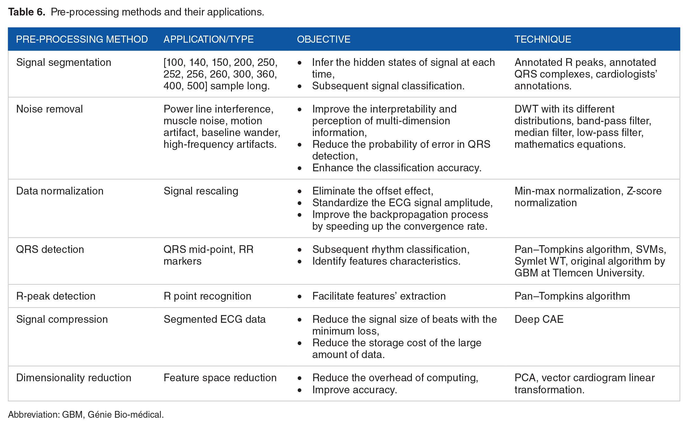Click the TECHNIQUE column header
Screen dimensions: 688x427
pos(543,39)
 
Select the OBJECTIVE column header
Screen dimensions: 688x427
pos(324,39)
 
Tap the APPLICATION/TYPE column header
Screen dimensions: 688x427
pos(209,39)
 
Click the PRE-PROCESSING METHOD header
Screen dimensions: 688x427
pos(82,39)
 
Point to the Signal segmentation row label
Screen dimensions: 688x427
pos(64,62)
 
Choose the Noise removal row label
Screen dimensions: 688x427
pos(49,109)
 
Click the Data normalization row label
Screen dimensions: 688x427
pos(60,191)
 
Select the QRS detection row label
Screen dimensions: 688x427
pos(50,249)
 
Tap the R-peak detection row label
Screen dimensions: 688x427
pos(56,296)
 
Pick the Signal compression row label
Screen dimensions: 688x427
pos(62,319)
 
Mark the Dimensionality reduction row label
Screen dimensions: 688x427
pos(74,378)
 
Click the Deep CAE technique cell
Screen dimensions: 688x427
pos(539,319)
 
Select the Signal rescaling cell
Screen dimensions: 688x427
pos(201,191)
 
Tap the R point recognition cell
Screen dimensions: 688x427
pos(207,296)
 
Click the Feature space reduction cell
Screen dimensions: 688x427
pos(220,378)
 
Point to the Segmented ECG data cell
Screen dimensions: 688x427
pos(215,319)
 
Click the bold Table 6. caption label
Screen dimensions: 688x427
pos(27,12)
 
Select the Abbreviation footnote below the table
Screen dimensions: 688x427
pos(86,414)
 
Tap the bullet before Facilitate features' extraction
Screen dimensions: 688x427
pos(300,297)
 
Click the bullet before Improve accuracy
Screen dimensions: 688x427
pos(300,390)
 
